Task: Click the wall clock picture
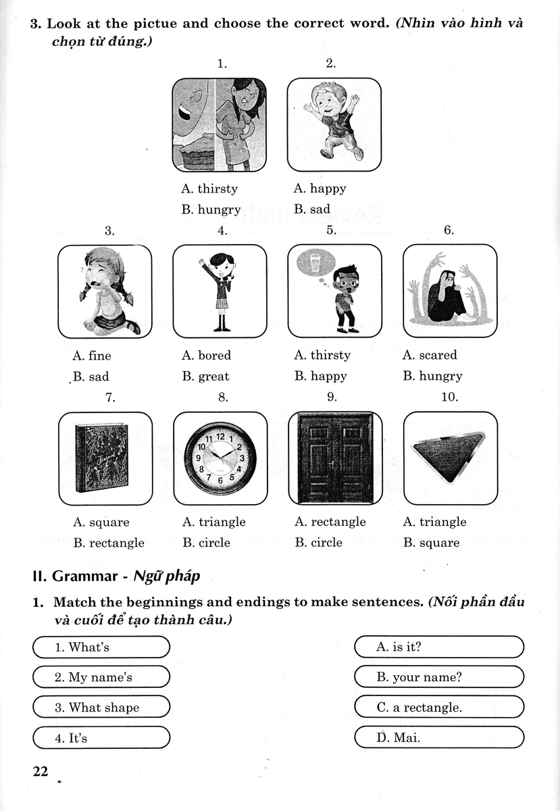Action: [x=220, y=458]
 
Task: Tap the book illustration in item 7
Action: [x=105, y=459]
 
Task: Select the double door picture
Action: [x=334, y=459]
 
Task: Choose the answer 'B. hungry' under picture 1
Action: [x=211, y=210]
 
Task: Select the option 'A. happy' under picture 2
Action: [x=320, y=189]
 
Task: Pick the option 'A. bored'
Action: [x=206, y=355]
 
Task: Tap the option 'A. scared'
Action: [x=430, y=355]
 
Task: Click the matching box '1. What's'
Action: [x=101, y=647]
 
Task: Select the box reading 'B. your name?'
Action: [x=439, y=677]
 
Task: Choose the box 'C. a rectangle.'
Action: [x=439, y=708]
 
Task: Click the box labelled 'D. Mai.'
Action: [x=439, y=737]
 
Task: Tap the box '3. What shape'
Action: [x=101, y=708]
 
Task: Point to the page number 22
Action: [x=41, y=771]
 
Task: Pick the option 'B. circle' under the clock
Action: [x=206, y=543]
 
